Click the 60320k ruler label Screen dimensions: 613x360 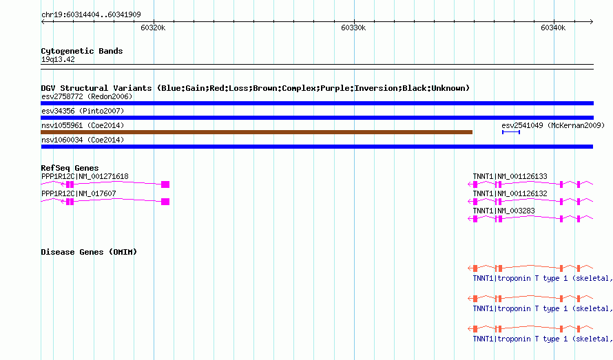click(153, 28)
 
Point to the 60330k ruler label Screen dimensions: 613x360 click(353, 28)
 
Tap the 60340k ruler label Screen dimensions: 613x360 click(553, 28)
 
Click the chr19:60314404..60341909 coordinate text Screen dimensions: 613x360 click(91, 14)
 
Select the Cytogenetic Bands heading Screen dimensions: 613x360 click(82, 51)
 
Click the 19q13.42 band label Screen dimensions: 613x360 click(58, 59)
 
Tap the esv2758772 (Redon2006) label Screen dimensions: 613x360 click(87, 96)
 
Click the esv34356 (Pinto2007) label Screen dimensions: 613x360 click(83, 111)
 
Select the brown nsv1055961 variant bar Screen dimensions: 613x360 click(256, 132)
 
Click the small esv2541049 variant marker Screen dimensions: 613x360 click(511, 132)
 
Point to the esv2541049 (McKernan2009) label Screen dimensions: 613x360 click(553, 125)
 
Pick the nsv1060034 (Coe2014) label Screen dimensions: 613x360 click(83, 140)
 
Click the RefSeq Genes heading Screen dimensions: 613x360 click(70, 168)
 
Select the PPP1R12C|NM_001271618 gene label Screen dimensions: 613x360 click(85, 176)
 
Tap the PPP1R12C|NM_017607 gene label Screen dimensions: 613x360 click(79, 193)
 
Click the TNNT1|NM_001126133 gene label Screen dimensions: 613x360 click(510, 176)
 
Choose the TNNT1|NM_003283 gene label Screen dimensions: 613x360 click(503, 211)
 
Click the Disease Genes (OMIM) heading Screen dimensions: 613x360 click(89, 252)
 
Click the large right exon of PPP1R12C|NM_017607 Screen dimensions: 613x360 click(165, 202)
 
